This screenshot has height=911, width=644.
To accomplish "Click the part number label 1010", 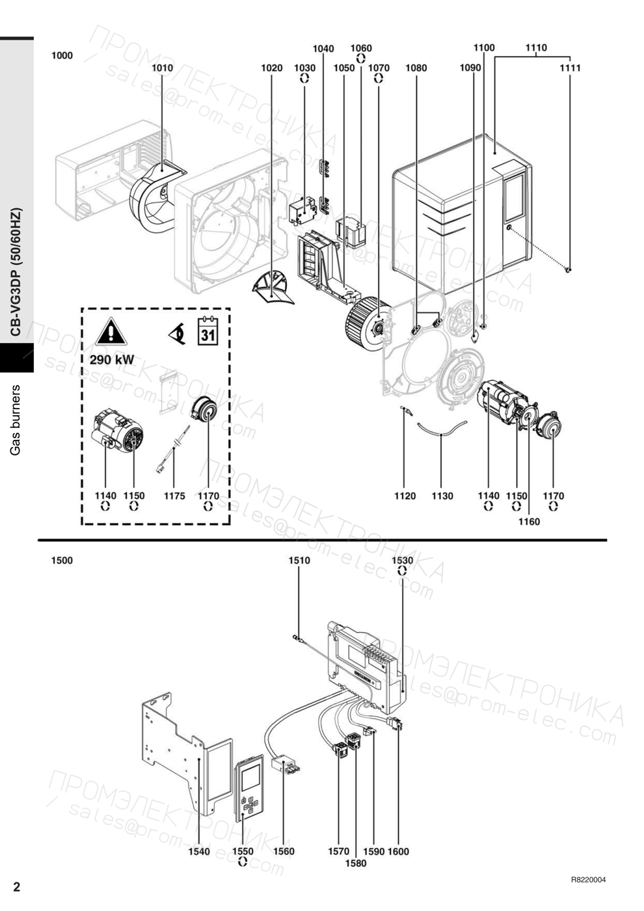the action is pos(162,68).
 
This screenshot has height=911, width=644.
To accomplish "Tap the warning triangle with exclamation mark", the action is pos(111,331).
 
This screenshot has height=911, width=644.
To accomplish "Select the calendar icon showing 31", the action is pos(208,331).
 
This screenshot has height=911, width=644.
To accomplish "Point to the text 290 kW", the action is pos(112,360).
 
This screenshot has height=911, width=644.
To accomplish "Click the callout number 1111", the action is pos(570,68).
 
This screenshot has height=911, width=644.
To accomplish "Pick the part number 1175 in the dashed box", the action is pos(174,496).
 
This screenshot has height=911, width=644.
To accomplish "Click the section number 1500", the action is pos(62,560).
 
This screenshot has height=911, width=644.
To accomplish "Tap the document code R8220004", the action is pos(589,877).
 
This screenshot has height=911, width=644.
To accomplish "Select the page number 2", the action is pos(17,886).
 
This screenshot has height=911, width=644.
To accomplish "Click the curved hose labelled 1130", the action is pos(442,429).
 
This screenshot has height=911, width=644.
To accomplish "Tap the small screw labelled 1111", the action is pos(568,269).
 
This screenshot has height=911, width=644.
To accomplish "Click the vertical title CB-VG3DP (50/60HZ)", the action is pos(16,273).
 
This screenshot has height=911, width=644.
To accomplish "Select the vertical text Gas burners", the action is pos(16,420).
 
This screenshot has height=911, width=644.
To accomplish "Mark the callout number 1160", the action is pos(529,522).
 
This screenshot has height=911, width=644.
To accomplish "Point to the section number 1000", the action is pos(62,56).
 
